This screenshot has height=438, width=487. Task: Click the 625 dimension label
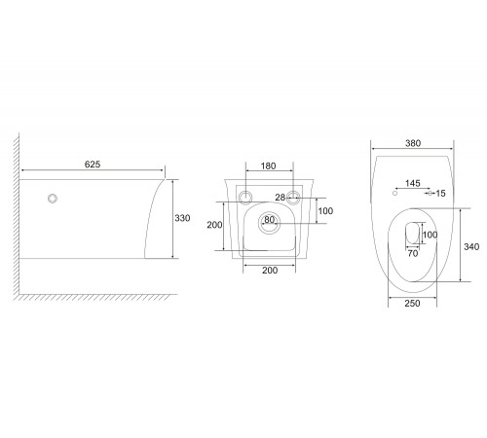point(93,164)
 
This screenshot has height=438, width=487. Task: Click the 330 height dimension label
point(182,218)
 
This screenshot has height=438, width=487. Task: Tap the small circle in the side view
point(53,199)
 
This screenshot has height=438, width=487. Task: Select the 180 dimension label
point(269,166)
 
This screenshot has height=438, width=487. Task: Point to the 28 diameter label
point(281,198)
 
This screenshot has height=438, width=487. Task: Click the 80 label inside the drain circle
point(269,220)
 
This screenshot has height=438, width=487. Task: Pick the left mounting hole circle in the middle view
point(245,197)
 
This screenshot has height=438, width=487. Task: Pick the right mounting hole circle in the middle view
point(293,197)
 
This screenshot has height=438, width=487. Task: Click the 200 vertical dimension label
point(214,225)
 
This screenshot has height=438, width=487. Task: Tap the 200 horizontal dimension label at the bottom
point(270,271)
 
